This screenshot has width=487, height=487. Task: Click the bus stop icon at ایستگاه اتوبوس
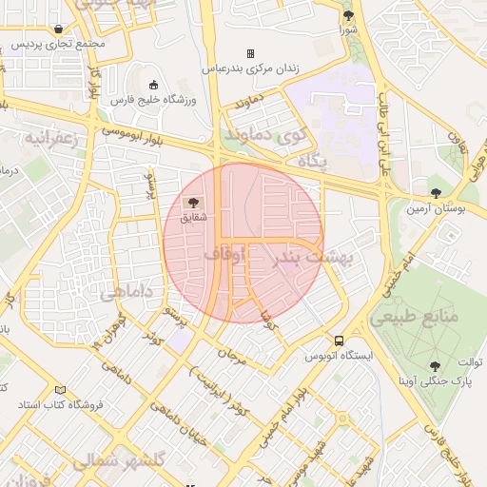tap(339, 341)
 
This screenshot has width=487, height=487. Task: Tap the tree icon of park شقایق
tap(194, 203)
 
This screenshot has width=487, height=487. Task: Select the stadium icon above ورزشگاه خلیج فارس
tap(153, 85)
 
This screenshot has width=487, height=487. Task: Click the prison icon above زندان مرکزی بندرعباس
tap(251, 53)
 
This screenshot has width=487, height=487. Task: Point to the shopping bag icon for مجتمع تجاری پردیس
tap(59, 29)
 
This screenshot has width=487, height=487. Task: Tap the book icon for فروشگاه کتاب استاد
tap(62, 390)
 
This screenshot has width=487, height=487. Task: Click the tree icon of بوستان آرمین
tap(436, 192)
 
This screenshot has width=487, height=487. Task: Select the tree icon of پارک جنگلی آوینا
tap(436, 365)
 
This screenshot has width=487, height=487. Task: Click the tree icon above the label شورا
tap(348, 15)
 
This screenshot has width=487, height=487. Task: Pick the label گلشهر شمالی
tap(119, 458)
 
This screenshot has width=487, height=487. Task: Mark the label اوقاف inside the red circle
tap(224, 254)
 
